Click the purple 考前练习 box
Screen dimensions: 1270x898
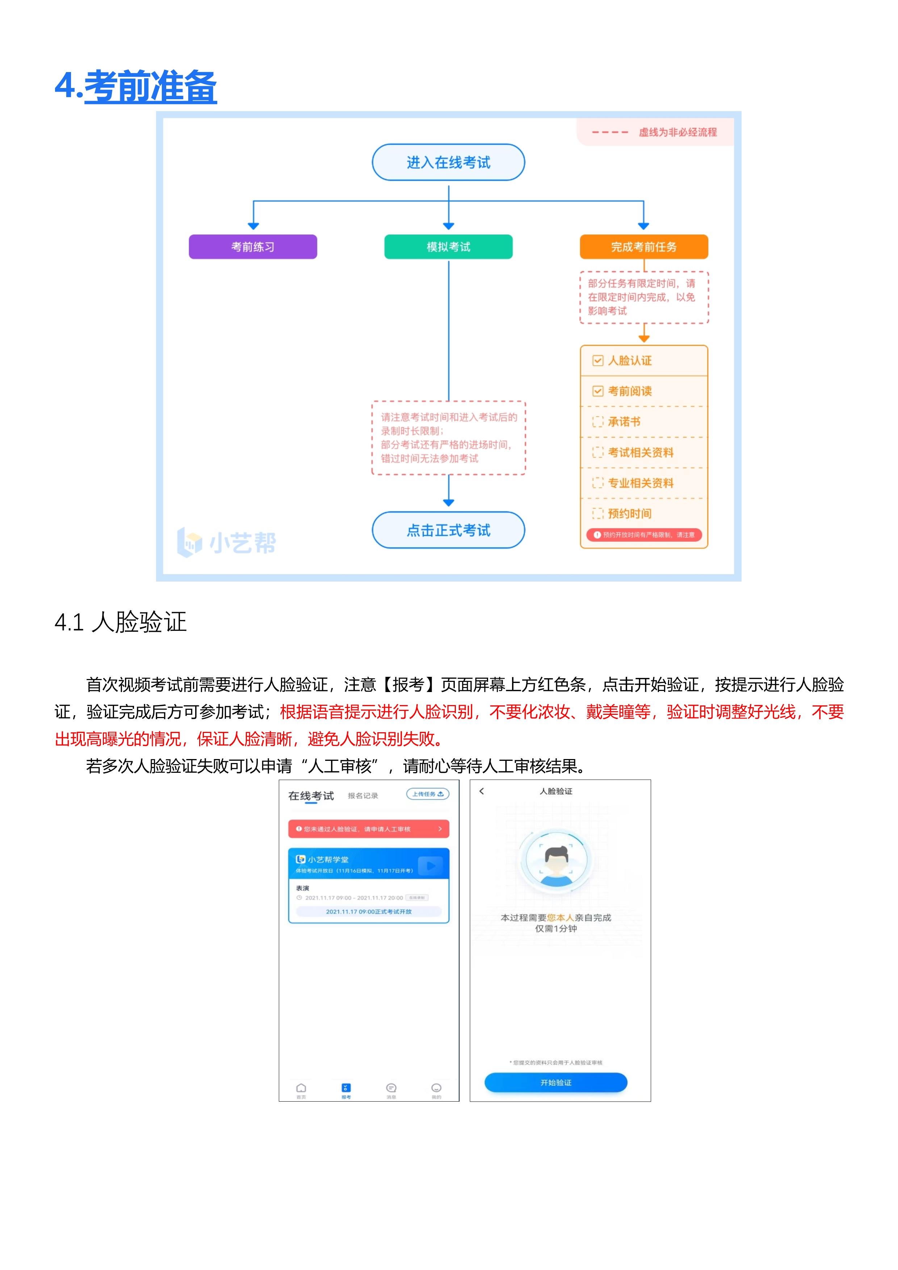(253, 247)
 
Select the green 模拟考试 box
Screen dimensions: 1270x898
(448, 247)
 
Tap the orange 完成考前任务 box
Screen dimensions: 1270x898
(644, 247)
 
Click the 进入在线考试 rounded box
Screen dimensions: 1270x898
(448, 163)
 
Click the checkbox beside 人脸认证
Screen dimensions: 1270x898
(598, 361)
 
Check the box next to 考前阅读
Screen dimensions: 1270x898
(598, 391)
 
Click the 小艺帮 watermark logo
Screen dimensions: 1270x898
(227, 542)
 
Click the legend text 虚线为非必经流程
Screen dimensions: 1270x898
(677, 132)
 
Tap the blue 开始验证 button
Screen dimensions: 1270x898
(556, 1082)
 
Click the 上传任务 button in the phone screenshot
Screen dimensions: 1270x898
(427, 794)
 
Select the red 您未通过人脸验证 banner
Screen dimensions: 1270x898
(368, 829)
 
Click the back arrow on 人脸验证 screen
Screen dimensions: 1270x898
(482, 791)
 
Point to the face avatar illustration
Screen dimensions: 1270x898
(556, 860)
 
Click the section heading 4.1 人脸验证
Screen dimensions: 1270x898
(121, 622)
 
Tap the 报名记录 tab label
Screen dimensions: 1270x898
(363, 795)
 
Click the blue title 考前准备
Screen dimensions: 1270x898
(150, 87)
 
